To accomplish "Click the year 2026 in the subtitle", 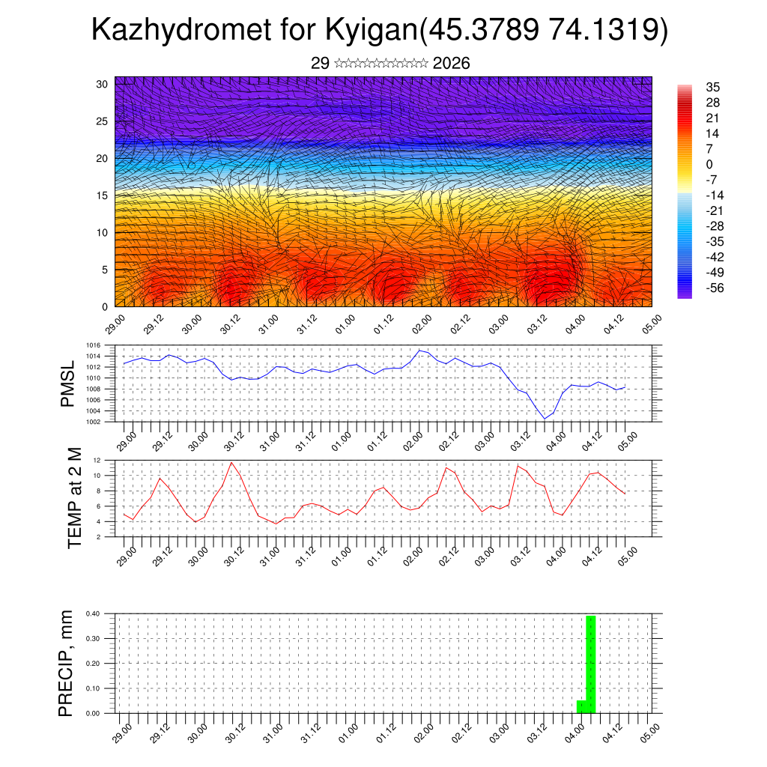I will [451, 64].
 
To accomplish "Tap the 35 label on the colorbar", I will [712, 88].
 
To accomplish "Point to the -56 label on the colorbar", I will [715, 288].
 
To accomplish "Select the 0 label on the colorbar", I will [709, 165].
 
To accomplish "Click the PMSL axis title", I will [68, 386].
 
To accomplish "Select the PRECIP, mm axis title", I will [67, 663].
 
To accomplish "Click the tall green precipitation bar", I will [591, 663].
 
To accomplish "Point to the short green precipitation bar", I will [580, 706].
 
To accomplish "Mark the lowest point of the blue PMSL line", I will [545, 419].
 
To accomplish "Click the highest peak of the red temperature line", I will [231, 462].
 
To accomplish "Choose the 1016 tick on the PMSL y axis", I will [93, 345].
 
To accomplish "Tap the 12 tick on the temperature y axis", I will [97, 460].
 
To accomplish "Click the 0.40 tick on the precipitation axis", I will [93, 613].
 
